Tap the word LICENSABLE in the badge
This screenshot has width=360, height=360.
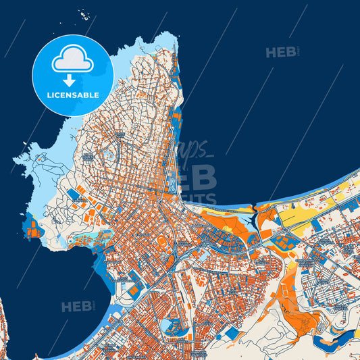click(73, 95)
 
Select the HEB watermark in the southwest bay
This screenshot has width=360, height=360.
click(76, 307)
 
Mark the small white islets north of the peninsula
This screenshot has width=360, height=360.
click(84, 14)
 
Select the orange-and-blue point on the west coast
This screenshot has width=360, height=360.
click(32, 226)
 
